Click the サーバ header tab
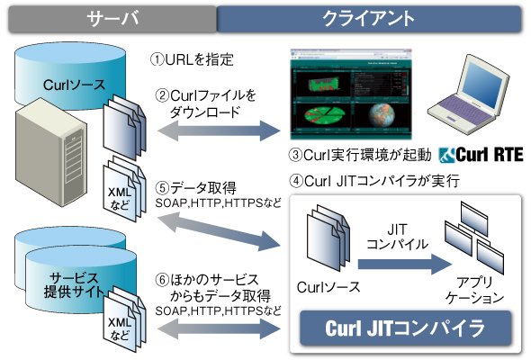112,19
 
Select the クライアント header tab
369,19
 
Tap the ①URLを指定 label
192,59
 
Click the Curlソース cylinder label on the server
74,85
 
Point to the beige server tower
50,152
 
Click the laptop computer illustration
469,95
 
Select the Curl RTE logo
481,155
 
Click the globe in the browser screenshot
382,115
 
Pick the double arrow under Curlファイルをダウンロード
219,130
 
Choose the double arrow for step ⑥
219,328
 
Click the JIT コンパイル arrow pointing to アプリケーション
405,264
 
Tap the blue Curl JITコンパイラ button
405,328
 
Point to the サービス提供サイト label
74,285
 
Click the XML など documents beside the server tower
124,189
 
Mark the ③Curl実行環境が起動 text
360,155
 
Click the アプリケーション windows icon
474,237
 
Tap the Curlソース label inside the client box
328,287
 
